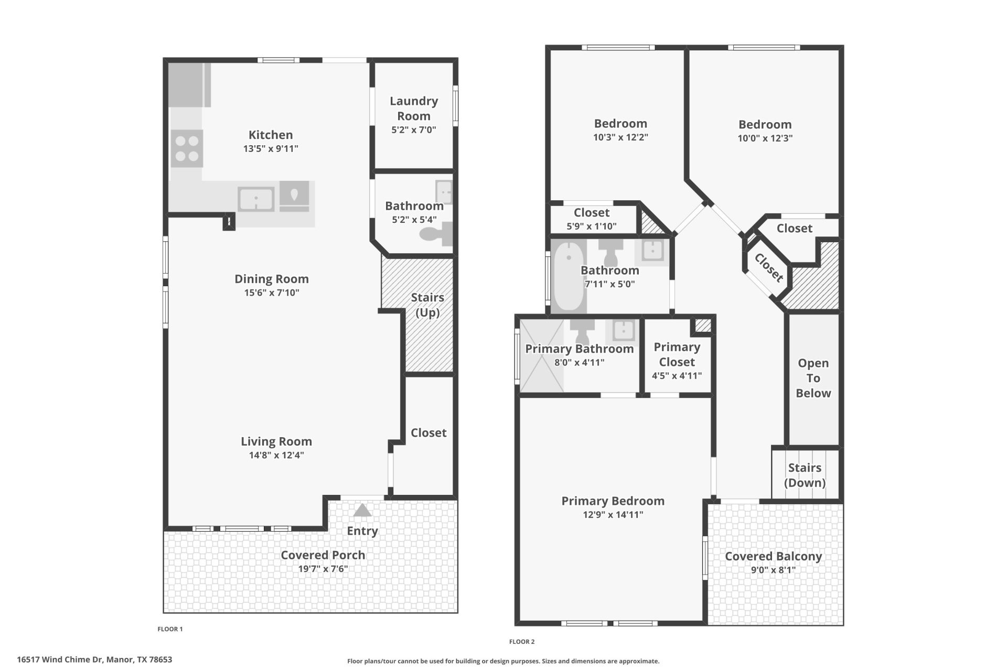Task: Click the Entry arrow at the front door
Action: click(362, 510)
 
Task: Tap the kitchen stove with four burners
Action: click(187, 149)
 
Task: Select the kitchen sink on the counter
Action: click(256, 199)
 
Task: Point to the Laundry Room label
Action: click(414, 109)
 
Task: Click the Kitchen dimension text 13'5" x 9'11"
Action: click(271, 148)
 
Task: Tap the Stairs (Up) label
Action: click(427, 305)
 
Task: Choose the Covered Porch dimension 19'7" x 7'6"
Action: click(323, 569)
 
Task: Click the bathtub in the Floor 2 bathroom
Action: click(569, 275)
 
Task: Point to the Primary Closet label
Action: click(677, 354)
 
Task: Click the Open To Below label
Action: click(813, 378)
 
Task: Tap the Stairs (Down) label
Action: click(805, 475)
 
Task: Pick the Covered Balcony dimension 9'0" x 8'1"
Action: click(774, 570)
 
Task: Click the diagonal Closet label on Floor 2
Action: click(769, 267)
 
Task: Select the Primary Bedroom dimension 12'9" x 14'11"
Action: click(613, 514)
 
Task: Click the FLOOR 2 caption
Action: click(522, 642)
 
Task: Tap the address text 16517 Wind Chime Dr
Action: click(60, 659)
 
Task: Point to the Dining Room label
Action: click(272, 279)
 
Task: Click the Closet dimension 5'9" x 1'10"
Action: click(592, 226)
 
